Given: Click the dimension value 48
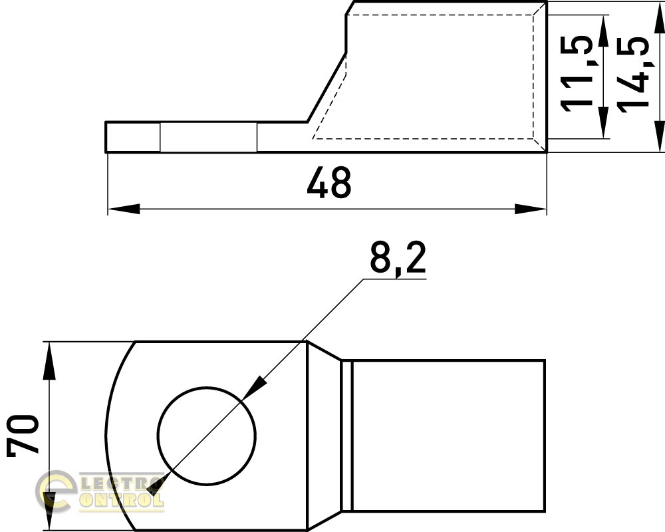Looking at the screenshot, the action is point(329,182).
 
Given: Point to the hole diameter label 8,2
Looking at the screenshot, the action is point(398,257).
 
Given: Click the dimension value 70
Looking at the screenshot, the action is point(23,436).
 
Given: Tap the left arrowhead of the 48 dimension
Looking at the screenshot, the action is point(124,209).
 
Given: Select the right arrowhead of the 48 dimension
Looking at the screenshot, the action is point(531,209).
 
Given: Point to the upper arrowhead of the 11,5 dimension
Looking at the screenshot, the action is point(602,31).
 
